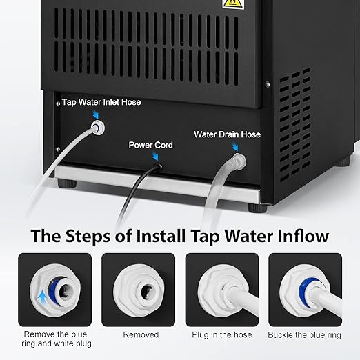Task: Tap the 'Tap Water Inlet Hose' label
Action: click(x=101, y=102)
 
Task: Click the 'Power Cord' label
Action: click(x=151, y=146)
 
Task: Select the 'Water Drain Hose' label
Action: click(x=227, y=134)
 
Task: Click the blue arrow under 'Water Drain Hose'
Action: click(x=236, y=146)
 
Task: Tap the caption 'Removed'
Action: click(x=141, y=334)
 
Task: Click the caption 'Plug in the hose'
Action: click(x=222, y=334)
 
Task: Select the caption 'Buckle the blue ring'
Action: click(x=305, y=334)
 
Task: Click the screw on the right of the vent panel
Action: click(x=267, y=84)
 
